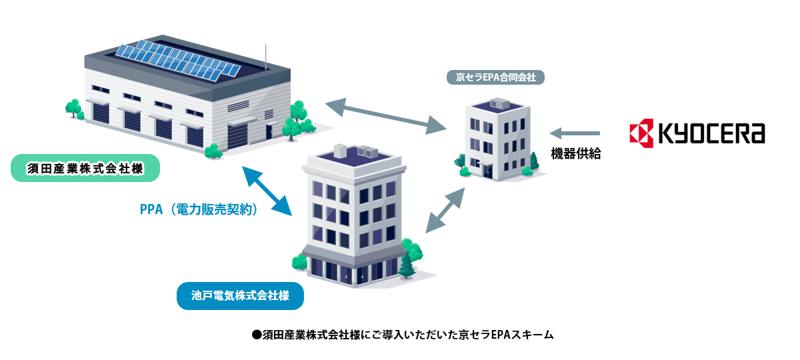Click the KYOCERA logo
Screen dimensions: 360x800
click(697, 133)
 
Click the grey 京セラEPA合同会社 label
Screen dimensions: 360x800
click(495, 77)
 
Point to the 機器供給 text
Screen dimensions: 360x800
click(576, 154)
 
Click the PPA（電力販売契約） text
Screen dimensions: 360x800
click(199, 209)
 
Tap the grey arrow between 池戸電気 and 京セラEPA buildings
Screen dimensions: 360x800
click(445, 210)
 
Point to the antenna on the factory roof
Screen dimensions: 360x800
click(265, 56)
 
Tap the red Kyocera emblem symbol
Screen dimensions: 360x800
click(642, 133)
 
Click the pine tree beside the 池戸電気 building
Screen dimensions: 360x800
click(406, 265)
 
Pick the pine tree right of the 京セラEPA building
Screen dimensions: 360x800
click(534, 161)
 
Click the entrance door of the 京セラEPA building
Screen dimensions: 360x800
click(487, 171)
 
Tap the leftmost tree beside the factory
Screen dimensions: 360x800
click(73, 109)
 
